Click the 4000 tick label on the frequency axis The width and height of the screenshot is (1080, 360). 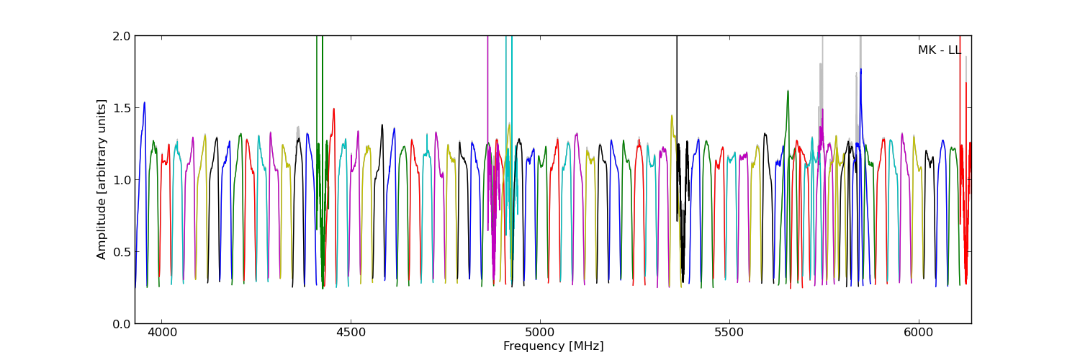tap(161, 333)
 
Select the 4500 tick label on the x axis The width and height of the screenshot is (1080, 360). tap(351, 333)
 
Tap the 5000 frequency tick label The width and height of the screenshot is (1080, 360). tap(540, 333)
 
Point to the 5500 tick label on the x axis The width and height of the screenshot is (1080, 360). tap(729, 333)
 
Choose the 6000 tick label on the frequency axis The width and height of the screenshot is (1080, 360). tap(919, 333)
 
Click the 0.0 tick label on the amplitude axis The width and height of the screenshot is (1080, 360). tap(122, 323)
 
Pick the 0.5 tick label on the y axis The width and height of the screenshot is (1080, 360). tap(122, 251)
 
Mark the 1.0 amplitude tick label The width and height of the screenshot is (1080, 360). tap(122, 179)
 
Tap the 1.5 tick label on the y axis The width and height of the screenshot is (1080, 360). tap(122, 107)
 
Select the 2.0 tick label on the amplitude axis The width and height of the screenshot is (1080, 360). tap(122, 36)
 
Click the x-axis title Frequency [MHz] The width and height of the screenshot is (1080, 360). tap(553, 346)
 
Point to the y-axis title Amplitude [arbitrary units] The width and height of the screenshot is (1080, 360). tap(102, 179)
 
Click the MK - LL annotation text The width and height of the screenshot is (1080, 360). tap(939, 50)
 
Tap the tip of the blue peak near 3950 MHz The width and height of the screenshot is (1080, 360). tap(144, 102)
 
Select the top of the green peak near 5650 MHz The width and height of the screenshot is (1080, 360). tap(788, 91)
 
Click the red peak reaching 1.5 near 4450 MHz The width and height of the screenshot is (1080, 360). tap(333, 109)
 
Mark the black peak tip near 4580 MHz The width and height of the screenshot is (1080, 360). tap(382, 125)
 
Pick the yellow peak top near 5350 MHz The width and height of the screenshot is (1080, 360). tap(672, 115)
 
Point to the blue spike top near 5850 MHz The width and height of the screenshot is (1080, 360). tap(860, 69)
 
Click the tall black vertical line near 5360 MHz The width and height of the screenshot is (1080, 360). tap(677, 86)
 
